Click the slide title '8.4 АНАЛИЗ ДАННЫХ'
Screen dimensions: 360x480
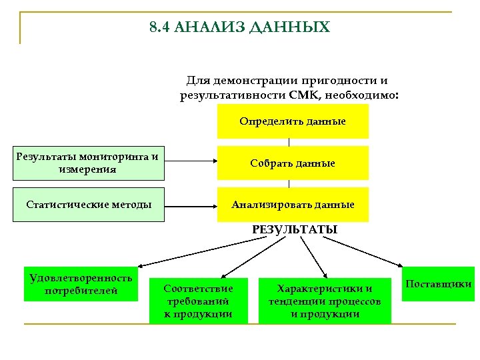pos(239,27)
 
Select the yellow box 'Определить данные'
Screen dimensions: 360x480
pos(293,121)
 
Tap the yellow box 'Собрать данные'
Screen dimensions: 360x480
pos(293,163)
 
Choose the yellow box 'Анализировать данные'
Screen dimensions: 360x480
pos(293,205)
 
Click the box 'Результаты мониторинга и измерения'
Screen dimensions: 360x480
pos(88,163)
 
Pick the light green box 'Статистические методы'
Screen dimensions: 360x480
pos(88,205)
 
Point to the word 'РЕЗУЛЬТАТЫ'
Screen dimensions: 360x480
pos(294,229)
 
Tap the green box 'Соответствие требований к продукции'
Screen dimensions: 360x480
pos(198,301)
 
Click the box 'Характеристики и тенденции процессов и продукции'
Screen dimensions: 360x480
pos(325,301)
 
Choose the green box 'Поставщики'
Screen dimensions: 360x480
pos(438,284)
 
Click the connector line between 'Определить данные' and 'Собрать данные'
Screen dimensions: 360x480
pos(289,141)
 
